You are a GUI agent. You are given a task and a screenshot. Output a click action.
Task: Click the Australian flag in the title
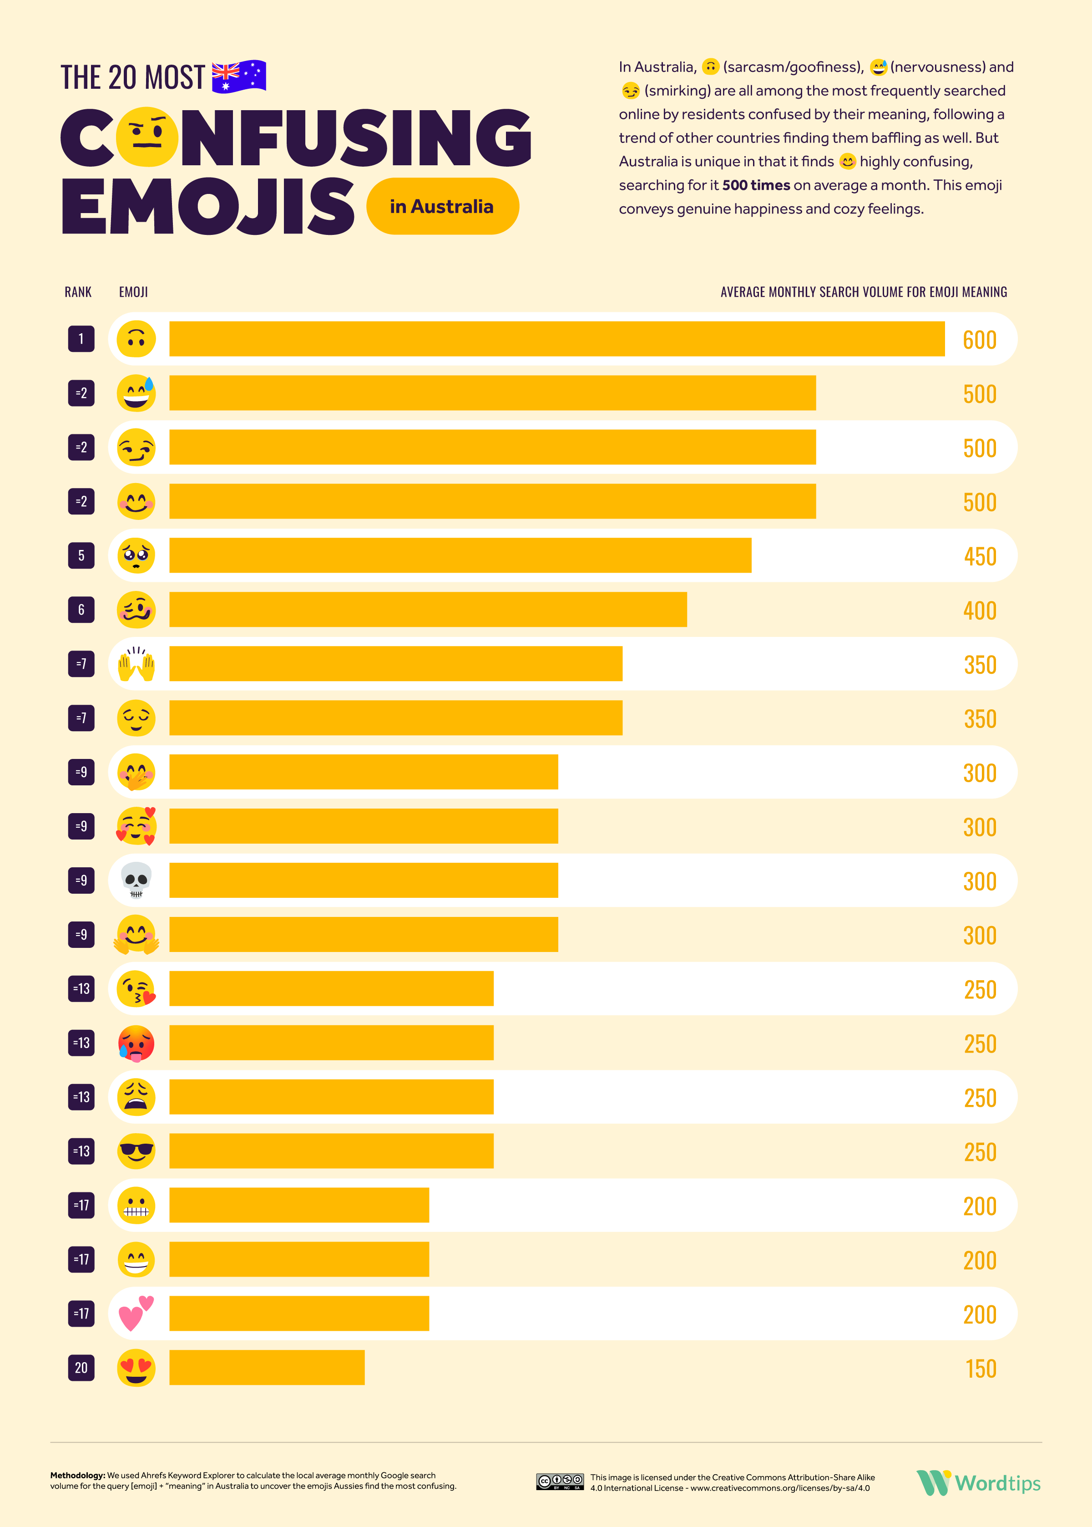click(x=239, y=76)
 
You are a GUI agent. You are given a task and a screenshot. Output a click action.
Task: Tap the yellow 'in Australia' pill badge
click(x=442, y=207)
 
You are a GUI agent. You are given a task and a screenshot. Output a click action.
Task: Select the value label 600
click(x=979, y=340)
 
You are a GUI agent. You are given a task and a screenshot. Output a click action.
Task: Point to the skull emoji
click(x=136, y=880)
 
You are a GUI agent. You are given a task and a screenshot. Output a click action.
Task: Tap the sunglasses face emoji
click(x=136, y=1151)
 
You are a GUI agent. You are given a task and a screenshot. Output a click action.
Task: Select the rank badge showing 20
click(x=81, y=1368)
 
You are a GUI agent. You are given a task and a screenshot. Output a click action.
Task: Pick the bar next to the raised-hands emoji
click(x=395, y=664)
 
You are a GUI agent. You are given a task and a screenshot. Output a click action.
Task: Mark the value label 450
click(x=980, y=556)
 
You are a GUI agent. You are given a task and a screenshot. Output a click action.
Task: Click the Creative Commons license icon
click(x=560, y=1481)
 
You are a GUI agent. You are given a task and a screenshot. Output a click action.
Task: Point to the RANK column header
click(x=78, y=292)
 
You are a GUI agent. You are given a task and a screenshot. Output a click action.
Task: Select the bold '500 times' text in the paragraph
click(x=756, y=185)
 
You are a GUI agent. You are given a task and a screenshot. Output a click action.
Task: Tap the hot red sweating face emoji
click(x=136, y=1043)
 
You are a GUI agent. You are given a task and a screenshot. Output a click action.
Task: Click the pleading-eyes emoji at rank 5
click(x=136, y=555)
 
